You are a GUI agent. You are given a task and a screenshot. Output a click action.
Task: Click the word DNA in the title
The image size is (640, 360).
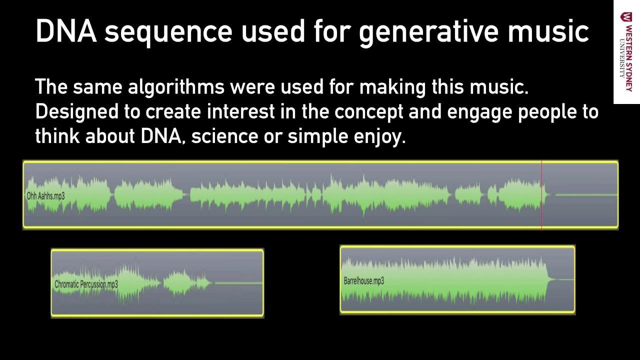click(x=66, y=31)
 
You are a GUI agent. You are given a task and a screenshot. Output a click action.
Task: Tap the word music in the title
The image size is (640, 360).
click(x=548, y=31)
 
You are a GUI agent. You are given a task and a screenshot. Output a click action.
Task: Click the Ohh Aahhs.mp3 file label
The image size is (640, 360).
click(x=45, y=196)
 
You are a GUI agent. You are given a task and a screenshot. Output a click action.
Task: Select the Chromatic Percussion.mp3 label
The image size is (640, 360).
click(x=86, y=284)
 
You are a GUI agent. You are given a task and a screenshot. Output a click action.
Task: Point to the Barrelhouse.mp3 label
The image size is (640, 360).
click(x=364, y=281)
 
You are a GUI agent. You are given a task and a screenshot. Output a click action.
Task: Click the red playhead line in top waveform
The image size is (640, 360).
click(x=541, y=195)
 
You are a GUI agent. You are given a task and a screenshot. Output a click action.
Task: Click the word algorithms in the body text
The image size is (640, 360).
click(x=176, y=87)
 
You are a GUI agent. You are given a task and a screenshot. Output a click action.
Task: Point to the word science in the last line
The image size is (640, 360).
click(x=225, y=136)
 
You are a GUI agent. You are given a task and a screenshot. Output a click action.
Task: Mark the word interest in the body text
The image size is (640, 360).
click(x=241, y=111)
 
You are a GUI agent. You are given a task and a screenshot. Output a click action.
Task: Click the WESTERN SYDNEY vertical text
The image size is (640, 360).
click(x=629, y=58)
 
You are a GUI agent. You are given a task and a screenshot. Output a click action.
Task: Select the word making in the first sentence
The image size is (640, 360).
click(x=392, y=87)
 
